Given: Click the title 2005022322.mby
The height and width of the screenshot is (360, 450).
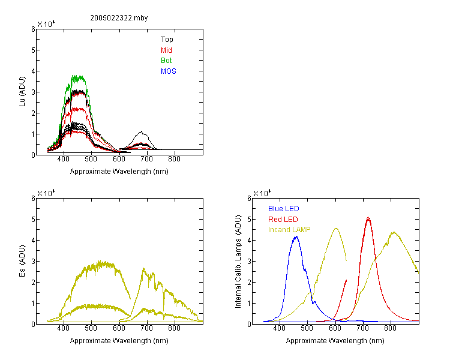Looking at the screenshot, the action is (119, 18).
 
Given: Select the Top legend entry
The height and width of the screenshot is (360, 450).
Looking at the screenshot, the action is (167, 40).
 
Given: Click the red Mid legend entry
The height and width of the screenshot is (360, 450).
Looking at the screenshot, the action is (166, 50).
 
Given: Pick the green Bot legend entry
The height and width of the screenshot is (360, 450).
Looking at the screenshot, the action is (166, 61).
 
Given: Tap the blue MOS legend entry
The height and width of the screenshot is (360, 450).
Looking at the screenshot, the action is (168, 71).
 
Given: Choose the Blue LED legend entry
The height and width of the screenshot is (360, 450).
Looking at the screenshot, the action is (284, 209).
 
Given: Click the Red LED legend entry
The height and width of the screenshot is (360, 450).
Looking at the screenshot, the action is (283, 220).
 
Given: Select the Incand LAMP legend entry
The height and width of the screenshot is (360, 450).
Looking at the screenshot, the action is (289, 230).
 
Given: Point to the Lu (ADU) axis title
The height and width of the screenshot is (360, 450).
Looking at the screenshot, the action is (22, 92).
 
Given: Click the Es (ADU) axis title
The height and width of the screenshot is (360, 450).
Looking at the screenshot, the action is (22, 261).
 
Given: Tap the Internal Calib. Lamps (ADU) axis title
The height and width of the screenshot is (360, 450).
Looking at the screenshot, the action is (238, 262).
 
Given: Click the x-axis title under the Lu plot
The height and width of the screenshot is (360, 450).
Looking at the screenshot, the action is (119, 172).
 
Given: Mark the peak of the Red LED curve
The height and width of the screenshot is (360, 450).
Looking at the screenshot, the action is (368, 218).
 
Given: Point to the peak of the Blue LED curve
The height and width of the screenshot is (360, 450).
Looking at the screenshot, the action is (296, 236).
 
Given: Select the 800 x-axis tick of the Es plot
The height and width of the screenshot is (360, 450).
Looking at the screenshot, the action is (174, 328).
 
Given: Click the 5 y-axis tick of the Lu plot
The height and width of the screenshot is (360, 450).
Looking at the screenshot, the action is (33, 50).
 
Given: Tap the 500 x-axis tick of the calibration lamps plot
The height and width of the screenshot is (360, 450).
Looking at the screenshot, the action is (307, 328).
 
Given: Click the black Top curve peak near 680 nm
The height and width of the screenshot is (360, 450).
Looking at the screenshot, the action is (141, 132).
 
